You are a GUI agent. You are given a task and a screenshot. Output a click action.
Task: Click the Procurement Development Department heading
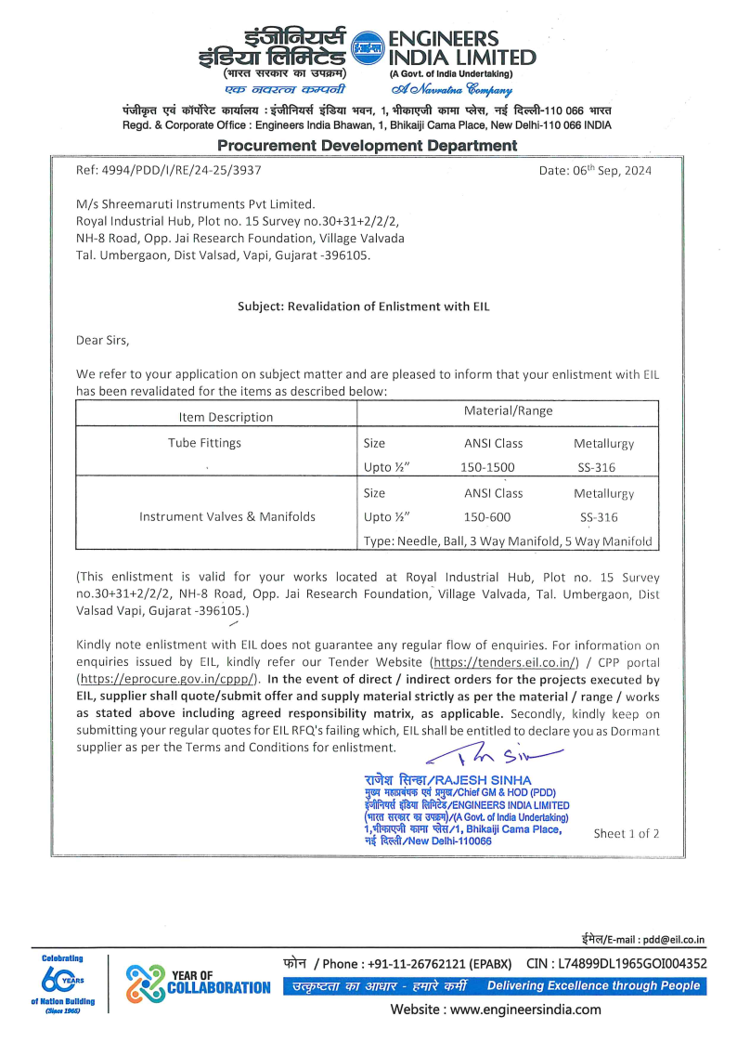point(368,146)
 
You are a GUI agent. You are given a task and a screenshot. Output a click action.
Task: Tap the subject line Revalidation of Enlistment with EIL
point(363,306)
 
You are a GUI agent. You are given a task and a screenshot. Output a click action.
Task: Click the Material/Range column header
point(508,410)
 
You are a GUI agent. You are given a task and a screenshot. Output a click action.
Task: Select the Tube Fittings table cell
point(203,443)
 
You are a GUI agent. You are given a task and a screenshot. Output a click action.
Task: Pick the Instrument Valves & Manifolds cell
point(227,516)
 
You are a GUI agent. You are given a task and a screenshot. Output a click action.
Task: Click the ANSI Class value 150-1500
point(487,468)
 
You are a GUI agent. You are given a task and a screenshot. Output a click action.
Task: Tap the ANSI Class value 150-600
point(487,517)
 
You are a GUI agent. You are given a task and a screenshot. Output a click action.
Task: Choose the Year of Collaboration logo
point(198,980)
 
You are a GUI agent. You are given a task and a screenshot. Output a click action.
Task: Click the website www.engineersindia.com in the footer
point(495,1009)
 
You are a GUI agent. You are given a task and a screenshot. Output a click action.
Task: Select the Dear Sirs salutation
point(103,340)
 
